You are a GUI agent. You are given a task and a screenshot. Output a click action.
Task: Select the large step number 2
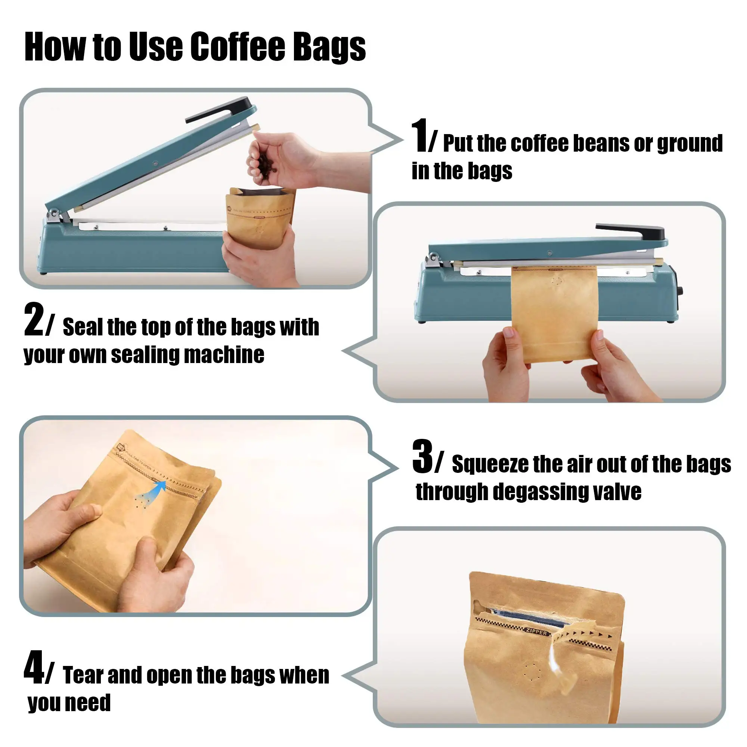[34, 320]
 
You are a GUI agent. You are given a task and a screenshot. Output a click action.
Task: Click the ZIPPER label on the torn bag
[537, 632]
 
